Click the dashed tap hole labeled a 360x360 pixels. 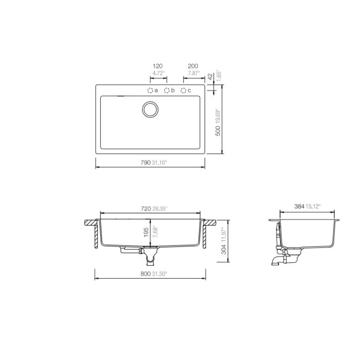coord(150,90)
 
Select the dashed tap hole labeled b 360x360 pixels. coord(166,90)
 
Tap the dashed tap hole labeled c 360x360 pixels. coord(184,90)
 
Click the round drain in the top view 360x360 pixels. coord(150,110)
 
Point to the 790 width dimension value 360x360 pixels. coord(146,163)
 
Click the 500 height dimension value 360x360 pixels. coord(218,131)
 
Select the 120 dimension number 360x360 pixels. coord(158,66)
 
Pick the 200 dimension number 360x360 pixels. coord(193,66)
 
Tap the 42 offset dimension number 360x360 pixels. coord(211,77)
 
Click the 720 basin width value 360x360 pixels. coord(146,209)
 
